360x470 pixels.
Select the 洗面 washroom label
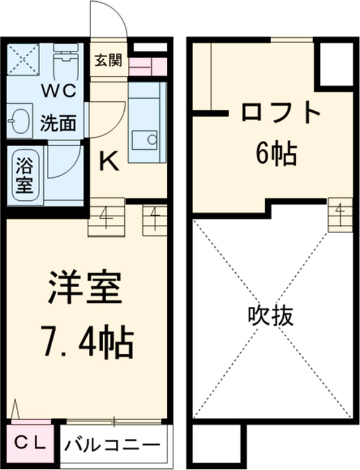click(58, 123)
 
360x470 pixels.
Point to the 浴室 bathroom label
click(24, 174)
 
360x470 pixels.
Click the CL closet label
click(30, 443)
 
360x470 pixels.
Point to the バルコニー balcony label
click(113, 445)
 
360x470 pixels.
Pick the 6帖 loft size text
click(276, 155)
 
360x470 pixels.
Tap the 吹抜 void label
click(271, 316)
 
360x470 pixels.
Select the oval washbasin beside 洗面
click(20, 122)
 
